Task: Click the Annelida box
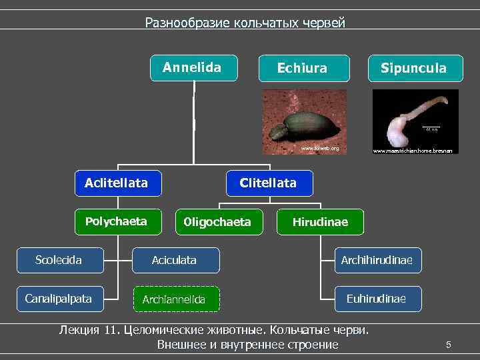point(193,67)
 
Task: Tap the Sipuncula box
point(413,68)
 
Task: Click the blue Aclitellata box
point(117,183)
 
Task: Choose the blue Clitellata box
point(268,183)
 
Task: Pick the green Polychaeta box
point(117,221)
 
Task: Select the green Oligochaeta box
point(217,222)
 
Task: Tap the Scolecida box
point(59,260)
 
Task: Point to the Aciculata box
point(175,260)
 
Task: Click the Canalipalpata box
point(59,298)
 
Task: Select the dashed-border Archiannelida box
point(175,299)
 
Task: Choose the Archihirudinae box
point(378,260)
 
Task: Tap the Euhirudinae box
point(378,298)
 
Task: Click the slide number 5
point(449,345)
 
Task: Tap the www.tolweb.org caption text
point(320,148)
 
